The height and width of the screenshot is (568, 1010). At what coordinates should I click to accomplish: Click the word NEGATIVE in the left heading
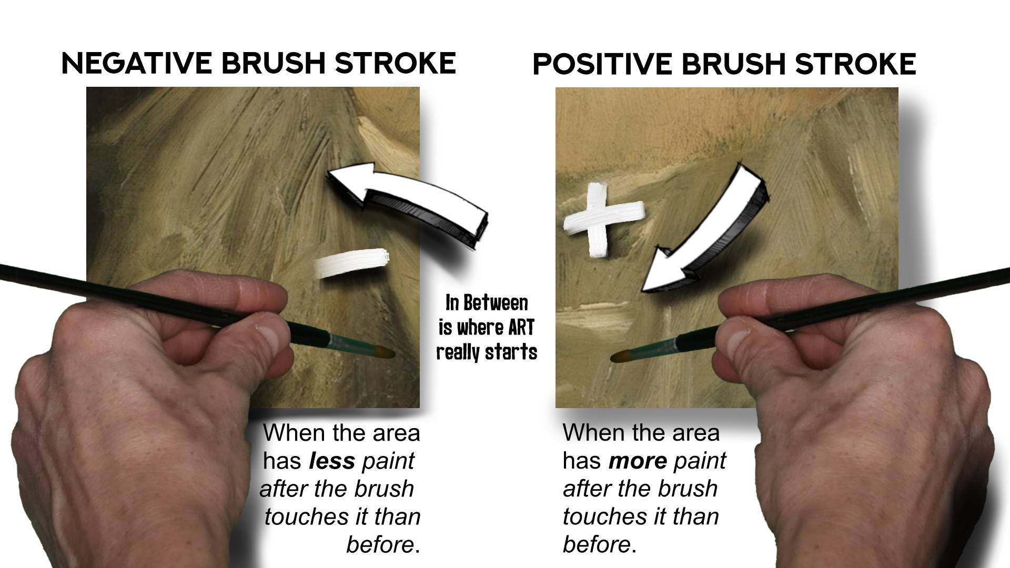[x=137, y=63]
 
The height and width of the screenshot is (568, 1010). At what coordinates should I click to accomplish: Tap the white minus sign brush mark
[x=351, y=263]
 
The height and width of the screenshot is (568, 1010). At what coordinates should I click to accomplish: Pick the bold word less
[x=332, y=461]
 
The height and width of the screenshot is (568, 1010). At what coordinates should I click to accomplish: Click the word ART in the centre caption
[x=521, y=327]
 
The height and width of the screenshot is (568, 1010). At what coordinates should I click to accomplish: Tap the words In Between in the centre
[x=487, y=302]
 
